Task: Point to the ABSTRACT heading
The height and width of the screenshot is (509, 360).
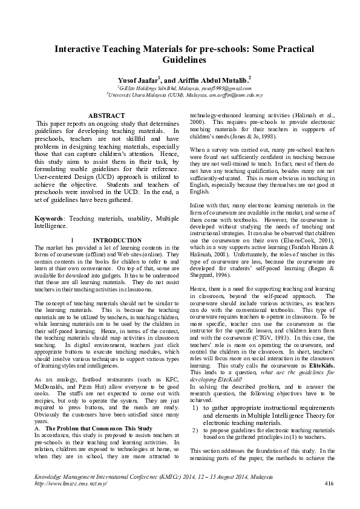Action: point(106,114)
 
